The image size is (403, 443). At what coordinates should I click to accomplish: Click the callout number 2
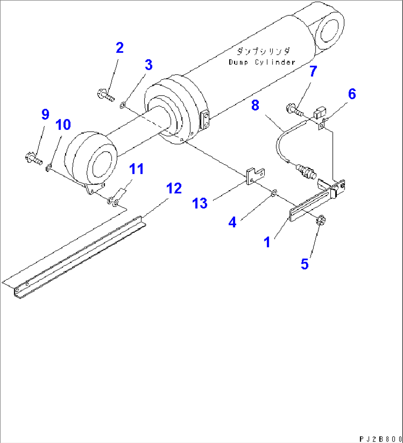click(x=119, y=48)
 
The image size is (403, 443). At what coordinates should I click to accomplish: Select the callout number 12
click(x=174, y=188)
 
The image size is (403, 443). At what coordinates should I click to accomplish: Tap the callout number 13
click(x=200, y=203)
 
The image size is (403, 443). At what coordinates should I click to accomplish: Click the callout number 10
click(x=63, y=125)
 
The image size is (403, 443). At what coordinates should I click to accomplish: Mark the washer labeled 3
click(x=122, y=107)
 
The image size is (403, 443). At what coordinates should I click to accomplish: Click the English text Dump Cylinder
click(x=262, y=62)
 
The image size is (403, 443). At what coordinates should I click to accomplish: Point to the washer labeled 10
click(x=48, y=169)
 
